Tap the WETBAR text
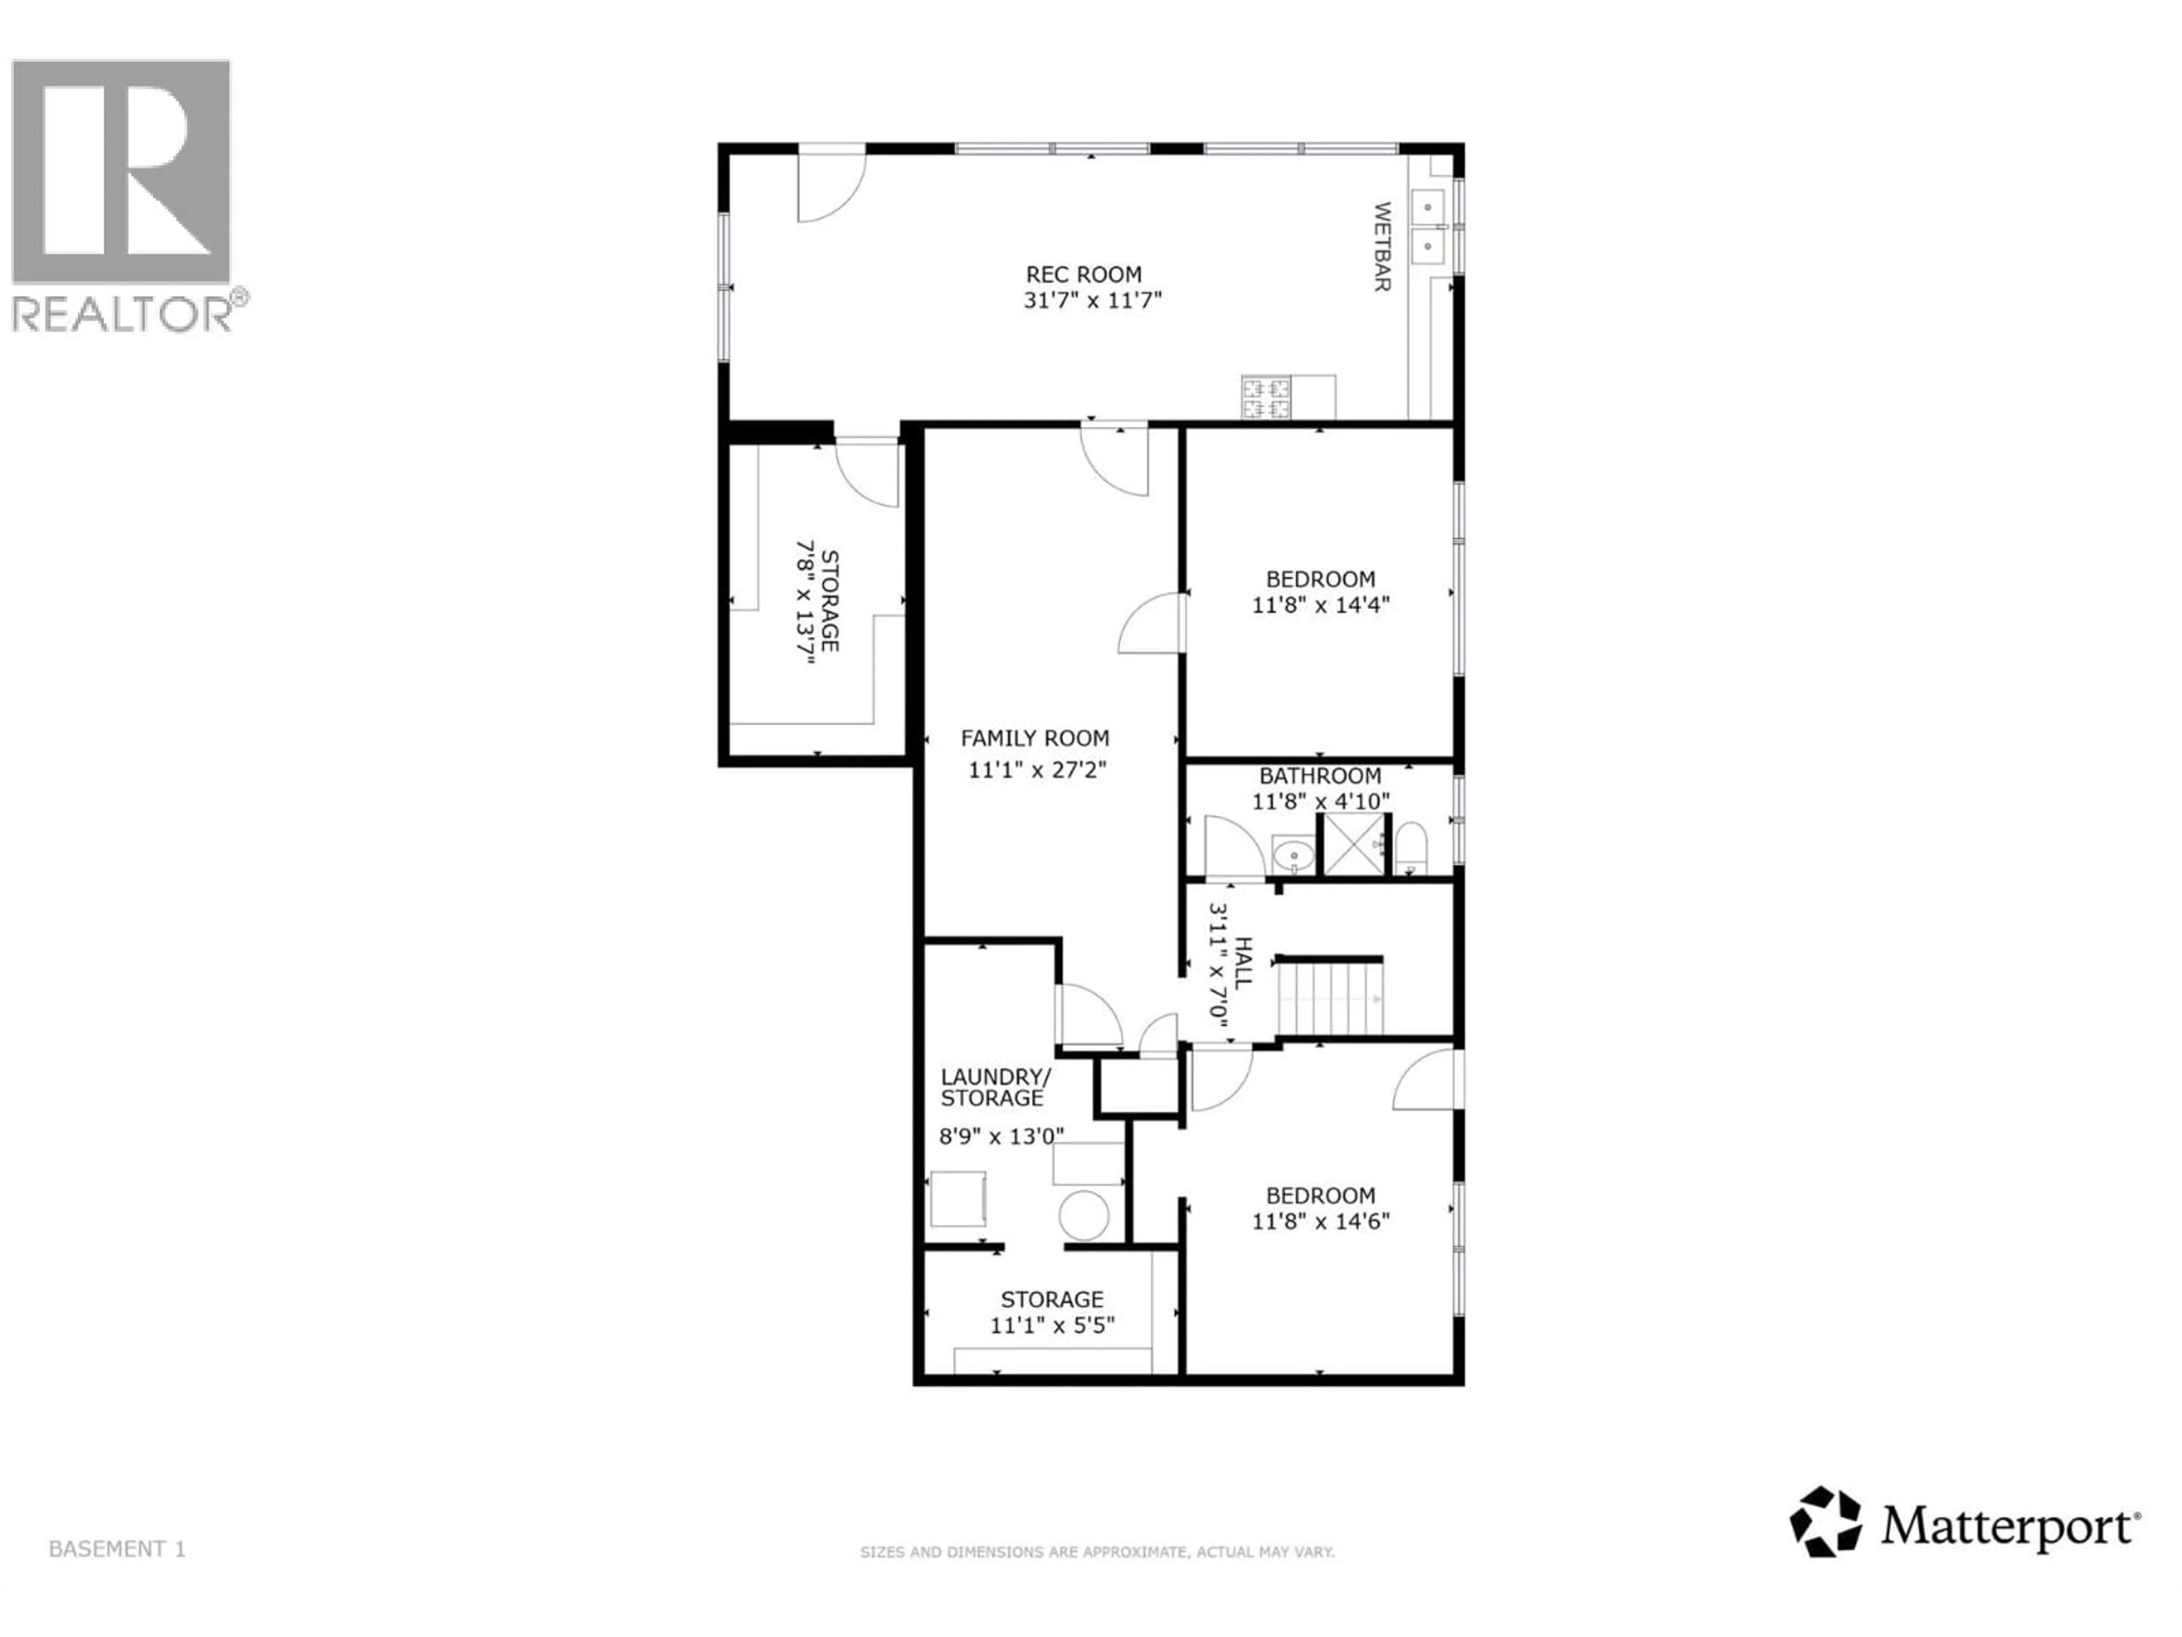pos(1382,247)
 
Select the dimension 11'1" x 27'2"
pos(1037,770)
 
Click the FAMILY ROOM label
pos(1035,738)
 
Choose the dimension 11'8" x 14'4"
pos(1321,605)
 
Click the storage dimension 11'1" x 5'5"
pos(1052,1325)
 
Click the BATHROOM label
pos(1320,775)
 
